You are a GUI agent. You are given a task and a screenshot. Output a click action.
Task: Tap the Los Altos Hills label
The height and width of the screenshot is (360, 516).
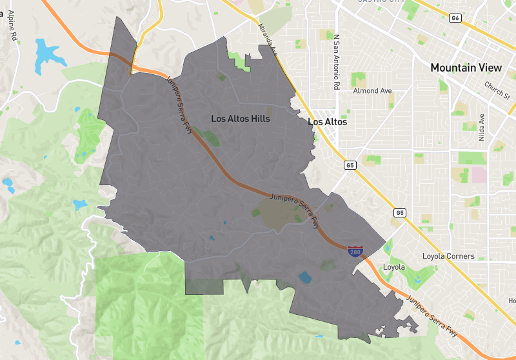pyautogui.click(x=241, y=119)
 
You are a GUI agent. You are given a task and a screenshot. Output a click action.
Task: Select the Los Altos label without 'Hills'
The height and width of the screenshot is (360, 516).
pyautogui.click(x=328, y=122)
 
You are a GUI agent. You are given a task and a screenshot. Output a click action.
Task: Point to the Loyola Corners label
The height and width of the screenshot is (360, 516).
pyautogui.click(x=448, y=256)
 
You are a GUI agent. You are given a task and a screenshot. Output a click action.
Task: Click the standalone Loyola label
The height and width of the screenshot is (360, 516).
pyautogui.click(x=393, y=267)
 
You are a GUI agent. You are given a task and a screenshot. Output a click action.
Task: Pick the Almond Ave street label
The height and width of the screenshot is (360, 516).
pyautogui.click(x=372, y=91)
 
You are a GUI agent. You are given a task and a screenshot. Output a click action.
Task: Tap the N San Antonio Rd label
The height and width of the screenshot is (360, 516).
pyautogui.click(x=336, y=62)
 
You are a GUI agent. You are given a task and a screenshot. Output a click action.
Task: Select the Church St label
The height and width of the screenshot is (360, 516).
pyautogui.click(x=497, y=91)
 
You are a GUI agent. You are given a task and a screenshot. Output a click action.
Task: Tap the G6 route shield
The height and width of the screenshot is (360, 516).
pyautogui.click(x=455, y=18)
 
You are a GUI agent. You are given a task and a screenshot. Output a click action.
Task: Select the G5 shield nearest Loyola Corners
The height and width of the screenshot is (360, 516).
pyautogui.click(x=400, y=212)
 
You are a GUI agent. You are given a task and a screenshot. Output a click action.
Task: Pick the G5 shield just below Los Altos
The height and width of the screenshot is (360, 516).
pyautogui.click(x=350, y=166)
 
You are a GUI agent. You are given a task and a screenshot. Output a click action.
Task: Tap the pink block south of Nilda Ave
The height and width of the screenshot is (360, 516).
pyautogui.click(x=479, y=175)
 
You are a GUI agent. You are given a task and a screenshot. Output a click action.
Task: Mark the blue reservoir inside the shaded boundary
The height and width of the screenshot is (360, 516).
pyautogui.click(x=304, y=278)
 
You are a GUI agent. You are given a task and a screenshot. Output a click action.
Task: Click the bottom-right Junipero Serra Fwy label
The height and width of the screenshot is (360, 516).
pyautogui.click(x=433, y=315)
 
